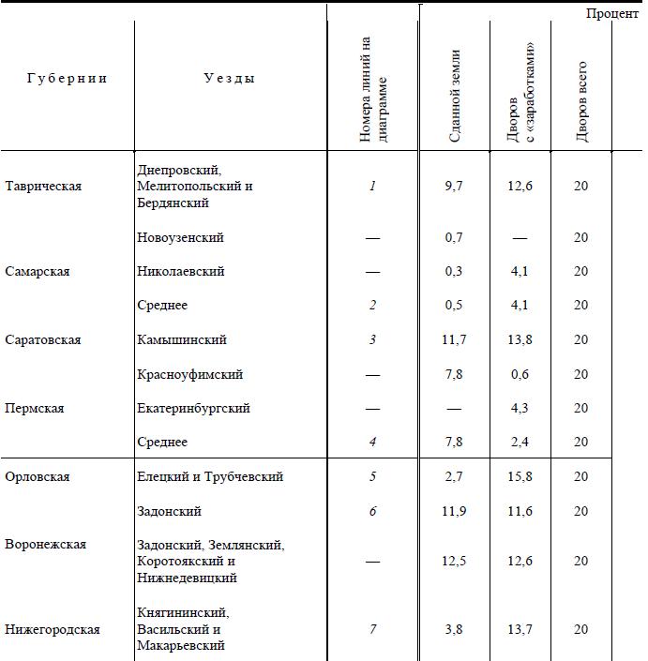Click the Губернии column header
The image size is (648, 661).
coord(66,79)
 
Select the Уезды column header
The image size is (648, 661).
coord(229,79)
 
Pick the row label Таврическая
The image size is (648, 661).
coord(43,187)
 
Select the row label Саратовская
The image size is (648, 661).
coord(43,340)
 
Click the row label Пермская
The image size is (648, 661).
coord(36,409)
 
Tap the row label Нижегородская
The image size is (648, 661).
coord(53,629)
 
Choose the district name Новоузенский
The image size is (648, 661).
coord(180,238)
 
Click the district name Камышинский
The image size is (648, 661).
coord(182,340)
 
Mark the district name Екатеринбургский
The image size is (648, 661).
coord(193,409)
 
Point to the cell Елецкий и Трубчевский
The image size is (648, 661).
coord(210,477)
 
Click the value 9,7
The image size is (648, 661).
coord(454,187)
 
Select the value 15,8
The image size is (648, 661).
coord(519,477)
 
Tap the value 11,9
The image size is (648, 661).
coord(454,512)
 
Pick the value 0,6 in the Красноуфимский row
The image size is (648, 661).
coord(519,375)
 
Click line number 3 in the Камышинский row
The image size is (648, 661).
coord(372,340)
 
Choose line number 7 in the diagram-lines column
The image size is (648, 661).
coord(372,629)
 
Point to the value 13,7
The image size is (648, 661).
coord(519,629)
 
